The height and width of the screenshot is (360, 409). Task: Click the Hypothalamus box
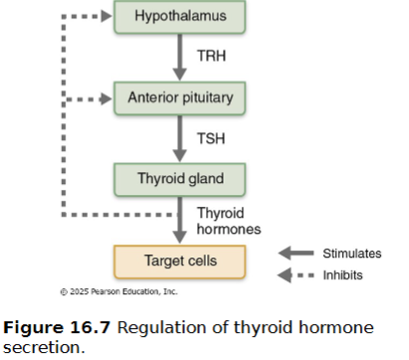point(179,16)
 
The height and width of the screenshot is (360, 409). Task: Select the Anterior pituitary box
point(179,97)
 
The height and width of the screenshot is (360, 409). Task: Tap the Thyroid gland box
point(179,180)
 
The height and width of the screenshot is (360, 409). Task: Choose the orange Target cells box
point(179,262)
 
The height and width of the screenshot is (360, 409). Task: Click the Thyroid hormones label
point(228,221)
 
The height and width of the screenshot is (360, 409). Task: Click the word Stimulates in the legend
point(350,253)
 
